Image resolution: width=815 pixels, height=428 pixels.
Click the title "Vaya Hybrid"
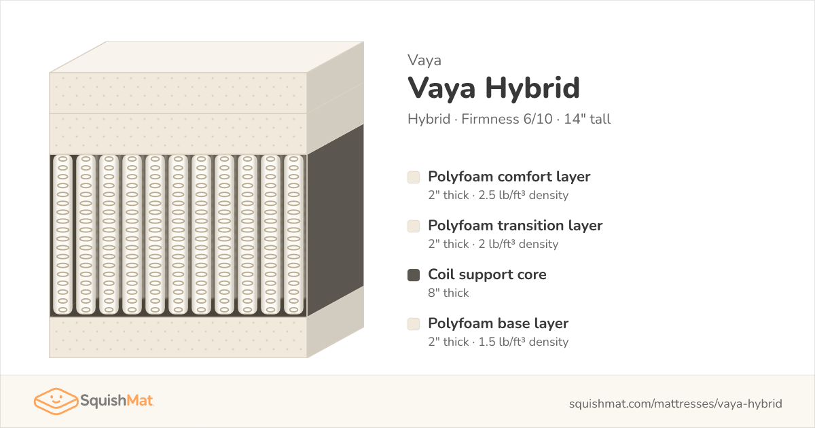(493, 88)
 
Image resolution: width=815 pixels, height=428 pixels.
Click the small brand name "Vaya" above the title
(424, 60)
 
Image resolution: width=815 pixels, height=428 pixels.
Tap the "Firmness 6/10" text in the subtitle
(507, 119)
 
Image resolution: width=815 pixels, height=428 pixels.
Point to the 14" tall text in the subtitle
(587, 119)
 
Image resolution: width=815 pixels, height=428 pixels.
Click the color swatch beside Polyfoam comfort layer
(414, 177)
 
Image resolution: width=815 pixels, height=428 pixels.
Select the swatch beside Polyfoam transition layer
(414, 226)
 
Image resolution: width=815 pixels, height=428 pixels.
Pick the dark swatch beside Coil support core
(414, 275)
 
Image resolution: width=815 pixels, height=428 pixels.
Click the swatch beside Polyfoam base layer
(414, 324)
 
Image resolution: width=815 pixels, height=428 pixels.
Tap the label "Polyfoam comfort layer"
(509, 177)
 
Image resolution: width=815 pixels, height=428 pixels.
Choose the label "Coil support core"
(487, 274)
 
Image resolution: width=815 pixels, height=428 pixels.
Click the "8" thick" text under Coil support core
(448, 293)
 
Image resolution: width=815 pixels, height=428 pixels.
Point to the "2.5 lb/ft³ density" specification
(523, 195)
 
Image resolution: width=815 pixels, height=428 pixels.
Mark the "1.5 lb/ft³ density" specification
(523, 342)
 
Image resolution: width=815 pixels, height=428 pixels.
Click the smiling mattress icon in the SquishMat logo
(56, 401)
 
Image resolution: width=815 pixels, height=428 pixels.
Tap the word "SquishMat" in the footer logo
(116, 401)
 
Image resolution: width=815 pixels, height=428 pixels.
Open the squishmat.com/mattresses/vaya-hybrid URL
(676, 404)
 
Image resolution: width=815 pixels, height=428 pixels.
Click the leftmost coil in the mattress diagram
(62, 235)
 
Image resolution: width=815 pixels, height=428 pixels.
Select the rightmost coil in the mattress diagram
(293, 235)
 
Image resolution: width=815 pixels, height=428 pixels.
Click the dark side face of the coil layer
(336, 220)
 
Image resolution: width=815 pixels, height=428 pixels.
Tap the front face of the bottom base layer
(178, 337)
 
